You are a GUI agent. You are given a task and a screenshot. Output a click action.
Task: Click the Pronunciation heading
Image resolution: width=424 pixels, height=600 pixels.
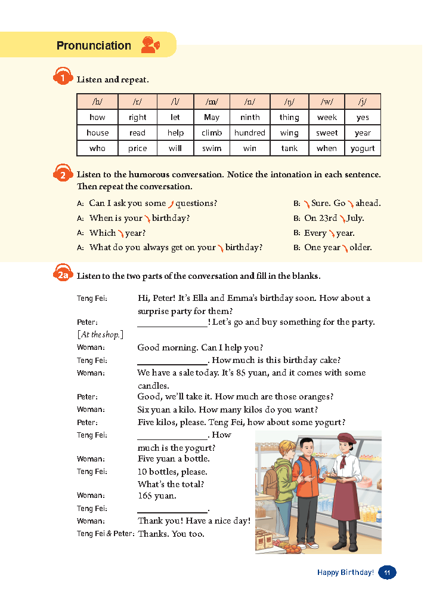pyautogui.click(x=94, y=45)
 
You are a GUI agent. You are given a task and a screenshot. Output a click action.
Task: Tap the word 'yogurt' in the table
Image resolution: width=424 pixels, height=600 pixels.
pyautogui.click(x=363, y=149)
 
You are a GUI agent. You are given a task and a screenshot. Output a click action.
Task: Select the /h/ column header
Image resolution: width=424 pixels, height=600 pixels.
pyautogui.click(x=97, y=101)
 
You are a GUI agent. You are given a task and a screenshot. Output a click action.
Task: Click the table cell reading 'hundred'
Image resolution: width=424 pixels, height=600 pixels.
pyautogui.click(x=249, y=133)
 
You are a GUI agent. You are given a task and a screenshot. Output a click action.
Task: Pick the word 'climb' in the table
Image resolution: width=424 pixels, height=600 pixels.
pyautogui.click(x=212, y=133)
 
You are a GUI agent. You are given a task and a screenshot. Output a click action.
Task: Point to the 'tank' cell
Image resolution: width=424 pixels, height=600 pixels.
pyautogui.click(x=289, y=149)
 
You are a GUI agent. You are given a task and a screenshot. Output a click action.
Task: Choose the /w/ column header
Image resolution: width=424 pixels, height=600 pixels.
pyautogui.click(x=326, y=101)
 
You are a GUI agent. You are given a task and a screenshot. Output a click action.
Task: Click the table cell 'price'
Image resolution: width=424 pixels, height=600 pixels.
pyautogui.click(x=137, y=149)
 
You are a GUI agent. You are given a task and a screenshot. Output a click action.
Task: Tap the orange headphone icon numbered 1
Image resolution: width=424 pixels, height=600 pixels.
pyautogui.click(x=62, y=78)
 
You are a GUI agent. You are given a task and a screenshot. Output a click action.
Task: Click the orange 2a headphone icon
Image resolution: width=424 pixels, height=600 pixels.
pyautogui.click(x=63, y=275)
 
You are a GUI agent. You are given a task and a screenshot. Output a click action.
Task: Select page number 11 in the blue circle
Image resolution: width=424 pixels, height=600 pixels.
pyautogui.click(x=387, y=573)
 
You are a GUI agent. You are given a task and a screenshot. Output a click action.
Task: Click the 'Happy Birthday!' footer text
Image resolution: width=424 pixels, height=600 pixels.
pyautogui.click(x=345, y=573)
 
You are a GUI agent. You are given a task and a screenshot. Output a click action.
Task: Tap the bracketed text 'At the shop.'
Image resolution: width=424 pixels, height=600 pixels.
pyautogui.click(x=100, y=334)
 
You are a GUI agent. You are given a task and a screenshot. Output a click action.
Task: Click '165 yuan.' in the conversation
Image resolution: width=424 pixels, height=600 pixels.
pyautogui.click(x=157, y=496)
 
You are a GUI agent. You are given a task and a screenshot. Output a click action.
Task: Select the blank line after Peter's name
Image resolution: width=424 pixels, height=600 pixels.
pyautogui.click(x=172, y=323)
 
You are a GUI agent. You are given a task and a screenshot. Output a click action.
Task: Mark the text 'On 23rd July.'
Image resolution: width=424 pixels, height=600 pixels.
pyautogui.click(x=334, y=218)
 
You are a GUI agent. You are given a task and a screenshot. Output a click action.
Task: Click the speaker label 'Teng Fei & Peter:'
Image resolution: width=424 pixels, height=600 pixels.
pyautogui.click(x=106, y=534)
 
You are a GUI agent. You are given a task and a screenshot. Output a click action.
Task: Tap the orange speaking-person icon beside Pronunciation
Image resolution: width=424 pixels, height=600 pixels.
pyautogui.click(x=150, y=45)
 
